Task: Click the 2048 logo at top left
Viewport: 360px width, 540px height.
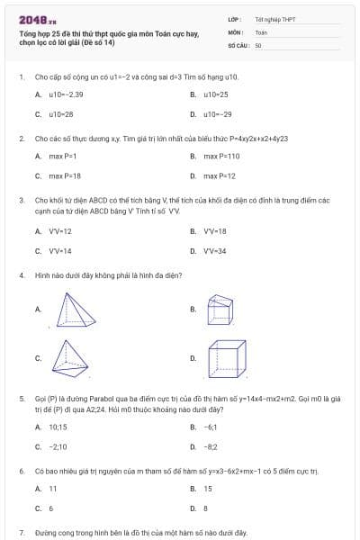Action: (x=31, y=19)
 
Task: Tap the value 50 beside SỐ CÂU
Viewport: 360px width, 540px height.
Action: (x=258, y=44)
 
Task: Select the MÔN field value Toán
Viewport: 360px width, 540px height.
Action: (x=261, y=31)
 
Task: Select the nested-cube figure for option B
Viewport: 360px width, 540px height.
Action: (x=220, y=309)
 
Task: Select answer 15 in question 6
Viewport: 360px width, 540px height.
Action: (x=208, y=489)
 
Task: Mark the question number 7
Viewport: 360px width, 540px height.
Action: (x=21, y=533)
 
